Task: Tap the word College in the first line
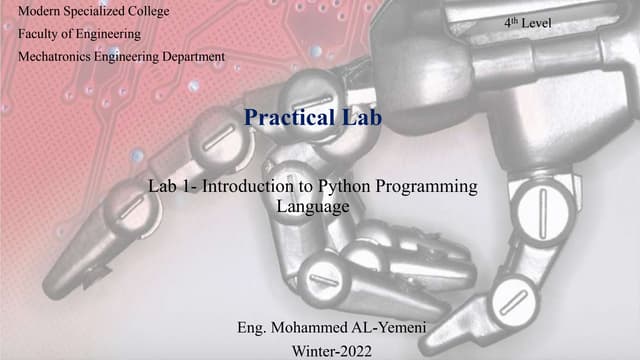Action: coord(147,12)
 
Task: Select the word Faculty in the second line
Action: coord(41,34)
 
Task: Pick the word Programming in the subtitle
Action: coord(432,186)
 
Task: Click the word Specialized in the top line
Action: coord(94,12)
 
